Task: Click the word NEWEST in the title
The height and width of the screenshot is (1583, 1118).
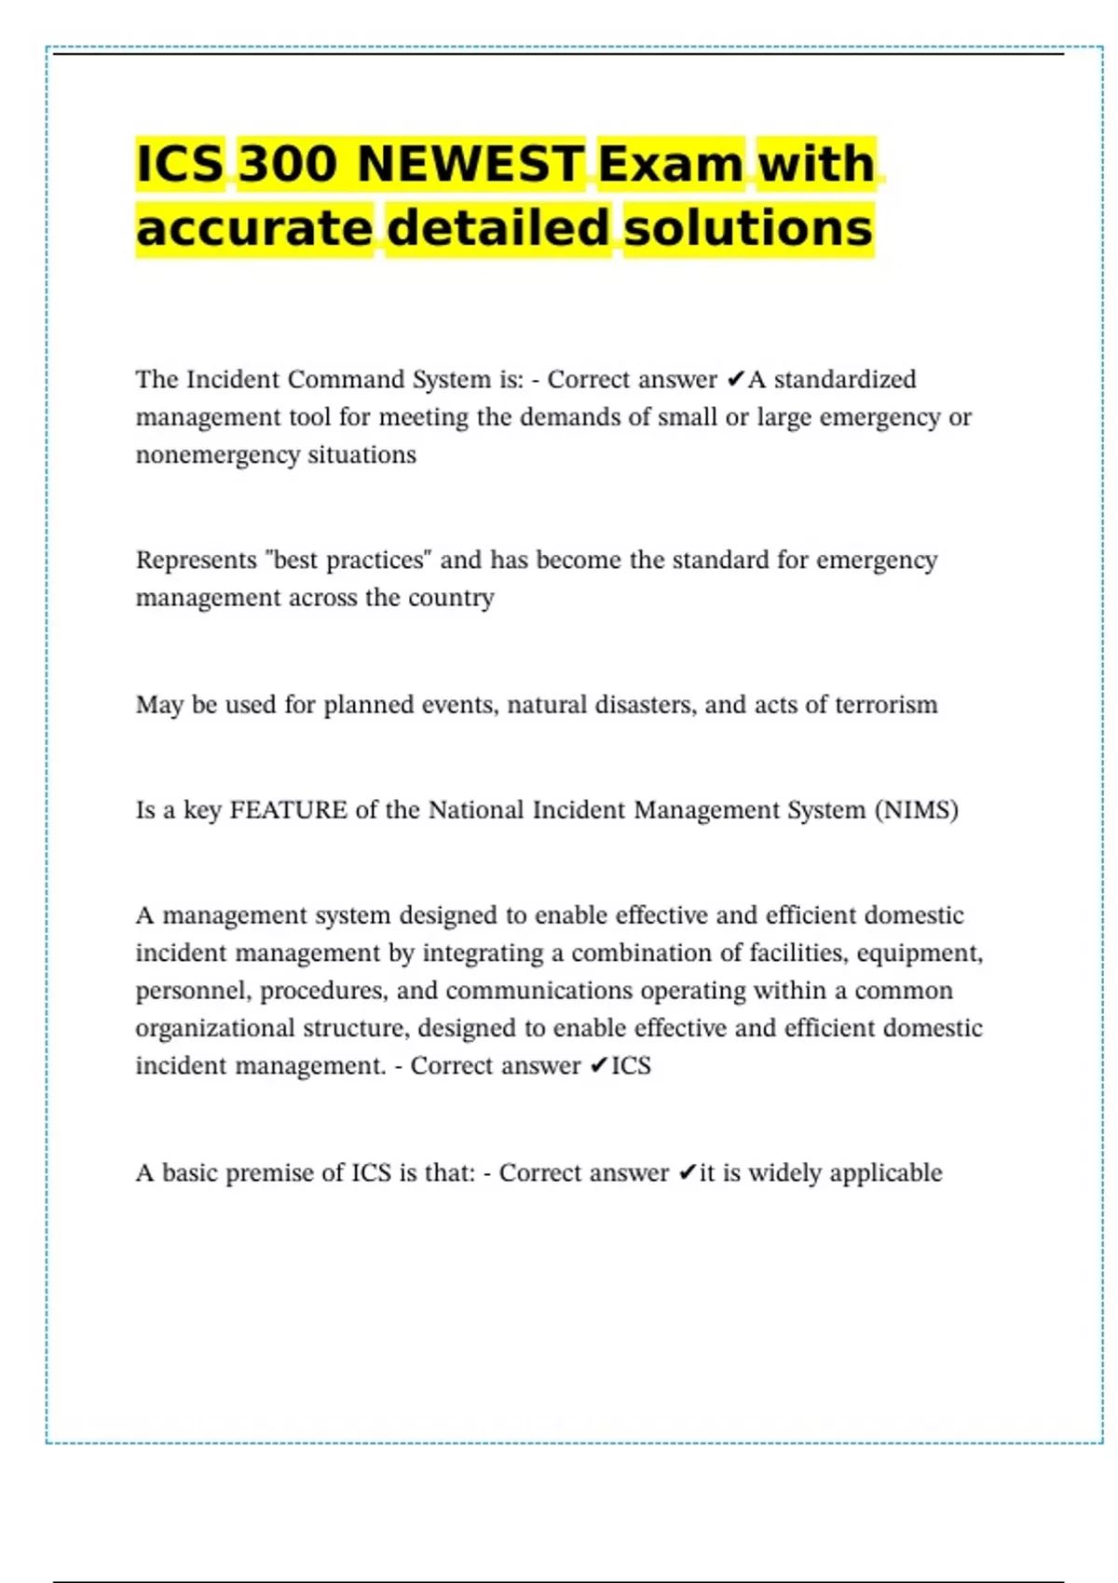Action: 470,164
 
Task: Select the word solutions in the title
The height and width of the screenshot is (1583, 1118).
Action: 748,228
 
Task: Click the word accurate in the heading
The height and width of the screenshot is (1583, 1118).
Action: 254,228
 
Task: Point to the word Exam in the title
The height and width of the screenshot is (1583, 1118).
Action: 671,164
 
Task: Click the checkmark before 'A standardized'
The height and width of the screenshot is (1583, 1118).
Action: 735,379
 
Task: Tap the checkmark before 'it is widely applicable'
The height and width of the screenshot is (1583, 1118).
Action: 687,1172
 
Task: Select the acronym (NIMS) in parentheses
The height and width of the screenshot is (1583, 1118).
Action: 916,810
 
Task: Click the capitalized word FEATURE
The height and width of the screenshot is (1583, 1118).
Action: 288,810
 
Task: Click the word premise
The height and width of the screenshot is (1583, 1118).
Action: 271,1172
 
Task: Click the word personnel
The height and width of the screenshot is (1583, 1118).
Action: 193,991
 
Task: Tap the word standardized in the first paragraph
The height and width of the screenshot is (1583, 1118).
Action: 845,379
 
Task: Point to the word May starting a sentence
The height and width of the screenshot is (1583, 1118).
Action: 159,705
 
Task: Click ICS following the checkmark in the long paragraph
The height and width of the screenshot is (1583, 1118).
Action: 631,1066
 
